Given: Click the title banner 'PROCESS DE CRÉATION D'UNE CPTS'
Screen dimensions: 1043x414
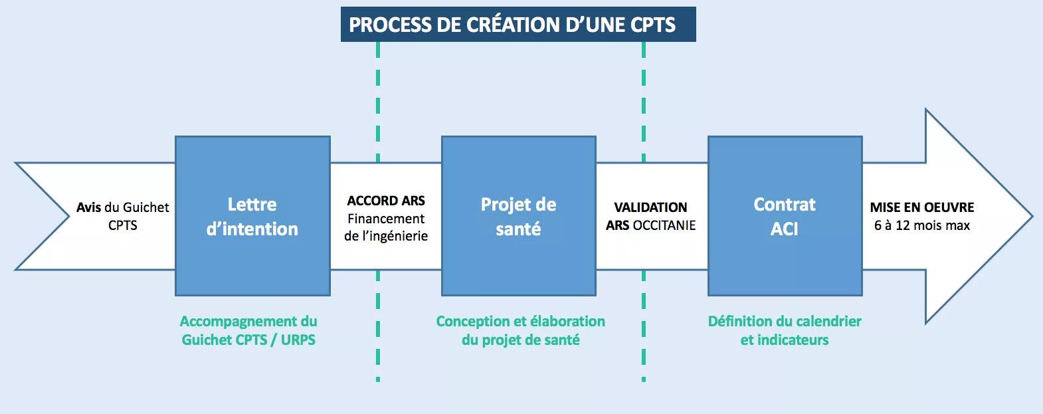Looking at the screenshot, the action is coord(518,24).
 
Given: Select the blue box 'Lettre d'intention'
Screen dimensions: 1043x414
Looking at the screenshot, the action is coord(253,216).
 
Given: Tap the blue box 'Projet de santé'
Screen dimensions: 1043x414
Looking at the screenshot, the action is coord(519,216).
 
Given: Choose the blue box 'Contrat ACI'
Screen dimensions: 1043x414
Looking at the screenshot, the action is coord(785,216).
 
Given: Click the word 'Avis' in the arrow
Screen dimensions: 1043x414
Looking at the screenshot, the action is coord(88,207).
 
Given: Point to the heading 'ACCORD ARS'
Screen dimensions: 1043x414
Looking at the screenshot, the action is coord(386,201).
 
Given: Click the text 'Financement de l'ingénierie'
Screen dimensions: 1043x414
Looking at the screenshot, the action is coord(386,227).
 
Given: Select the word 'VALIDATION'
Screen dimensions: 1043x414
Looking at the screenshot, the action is coord(650,207).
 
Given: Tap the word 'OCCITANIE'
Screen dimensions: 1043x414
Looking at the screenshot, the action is coord(664,225).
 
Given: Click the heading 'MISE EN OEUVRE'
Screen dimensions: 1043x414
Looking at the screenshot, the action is coord(922,207).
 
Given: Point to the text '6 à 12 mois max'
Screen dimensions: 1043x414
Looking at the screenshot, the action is coord(922,225).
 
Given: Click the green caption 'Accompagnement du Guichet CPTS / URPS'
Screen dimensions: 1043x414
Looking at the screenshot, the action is coord(248,330).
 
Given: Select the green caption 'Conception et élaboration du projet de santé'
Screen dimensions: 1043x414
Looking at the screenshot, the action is coord(521,330).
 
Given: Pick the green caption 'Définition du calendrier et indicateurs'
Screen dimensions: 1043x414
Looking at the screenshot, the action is coord(785,330).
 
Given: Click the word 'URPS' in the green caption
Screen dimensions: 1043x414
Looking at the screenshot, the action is coord(298,340).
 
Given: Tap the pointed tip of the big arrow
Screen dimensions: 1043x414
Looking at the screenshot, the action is coord(1032,216).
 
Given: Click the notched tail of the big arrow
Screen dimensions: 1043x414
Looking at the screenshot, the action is coord(69,216).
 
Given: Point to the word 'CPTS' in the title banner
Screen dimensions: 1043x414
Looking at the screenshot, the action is coord(653,25).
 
